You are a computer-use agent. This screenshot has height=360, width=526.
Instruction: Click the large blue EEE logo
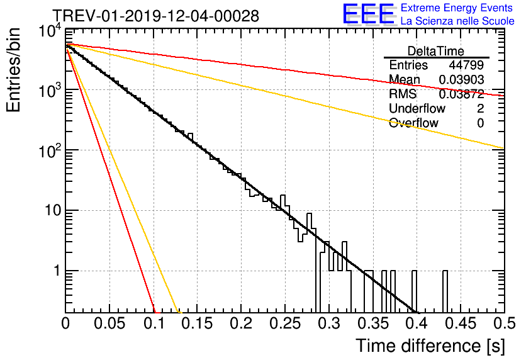(369, 14)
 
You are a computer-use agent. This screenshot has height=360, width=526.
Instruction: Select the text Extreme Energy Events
(457, 8)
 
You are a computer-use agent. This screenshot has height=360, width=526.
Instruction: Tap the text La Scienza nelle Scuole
(457, 21)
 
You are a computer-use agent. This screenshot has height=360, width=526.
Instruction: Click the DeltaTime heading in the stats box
(436, 50)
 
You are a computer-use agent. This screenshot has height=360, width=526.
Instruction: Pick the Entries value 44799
(466, 65)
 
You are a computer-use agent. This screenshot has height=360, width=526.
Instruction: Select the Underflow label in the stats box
(417, 109)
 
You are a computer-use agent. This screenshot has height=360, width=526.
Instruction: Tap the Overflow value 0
(480, 123)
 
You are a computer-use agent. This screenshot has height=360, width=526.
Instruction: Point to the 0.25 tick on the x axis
(285, 323)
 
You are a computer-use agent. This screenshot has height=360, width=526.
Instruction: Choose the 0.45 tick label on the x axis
(460, 323)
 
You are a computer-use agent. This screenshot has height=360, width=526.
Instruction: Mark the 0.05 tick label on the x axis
(110, 323)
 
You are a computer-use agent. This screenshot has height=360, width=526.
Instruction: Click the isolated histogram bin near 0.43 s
(445, 291)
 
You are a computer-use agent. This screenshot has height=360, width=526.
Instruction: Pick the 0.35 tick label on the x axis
(372, 323)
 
